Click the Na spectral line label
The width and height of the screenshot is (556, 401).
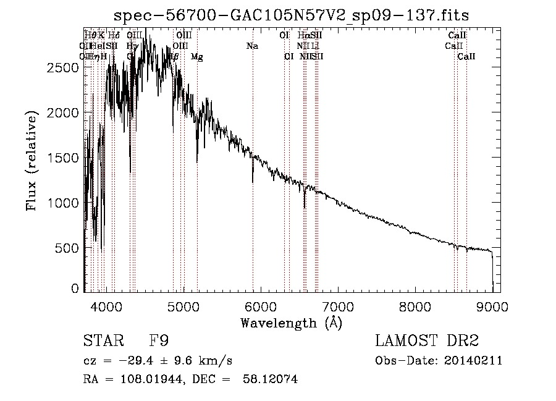tap(252, 46)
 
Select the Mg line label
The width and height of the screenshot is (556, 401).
tap(196, 57)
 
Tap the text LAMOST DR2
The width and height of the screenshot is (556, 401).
tap(427, 341)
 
